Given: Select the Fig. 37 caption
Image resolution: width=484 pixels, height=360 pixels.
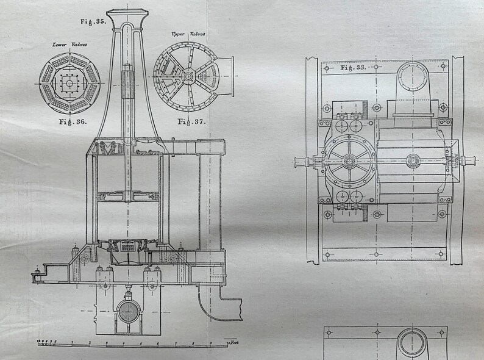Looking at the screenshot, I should click(x=191, y=121).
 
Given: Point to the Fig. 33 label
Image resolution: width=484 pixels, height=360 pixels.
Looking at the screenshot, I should click(x=353, y=68).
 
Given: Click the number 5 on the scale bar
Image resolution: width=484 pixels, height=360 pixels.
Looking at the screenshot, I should click(x=141, y=343).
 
